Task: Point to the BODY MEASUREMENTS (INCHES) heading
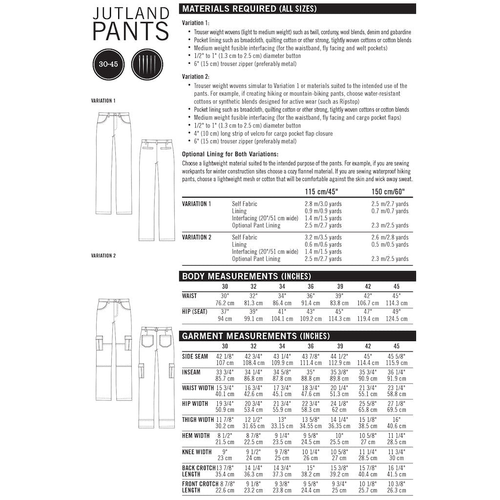(x=246, y=276)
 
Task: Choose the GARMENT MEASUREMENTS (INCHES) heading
(x=255, y=336)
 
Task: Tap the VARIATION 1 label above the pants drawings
(x=103, y=101)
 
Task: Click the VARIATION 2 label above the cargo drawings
(x=103, y=255)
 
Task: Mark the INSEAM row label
(x=191, y=372)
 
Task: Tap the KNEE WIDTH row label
(x=197, y=452)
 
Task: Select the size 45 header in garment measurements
(x=396, y=346)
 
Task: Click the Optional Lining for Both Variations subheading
(x=229, y=154)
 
